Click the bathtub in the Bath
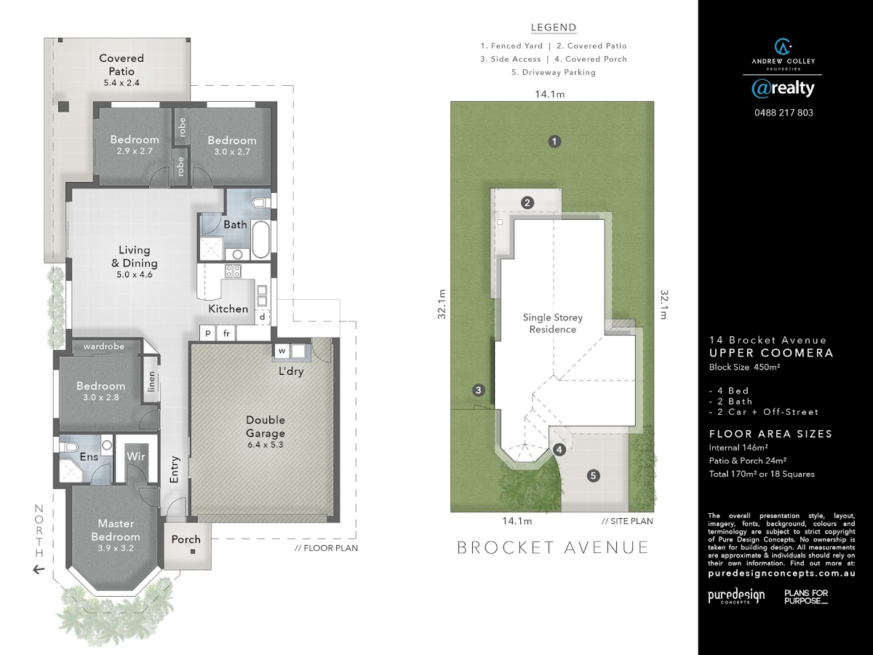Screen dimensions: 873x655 (x=261, y=240)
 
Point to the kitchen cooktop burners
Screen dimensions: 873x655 (x=233, y=271)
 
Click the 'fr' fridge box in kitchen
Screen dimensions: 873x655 (x=226, y=333)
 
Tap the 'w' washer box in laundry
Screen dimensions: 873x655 (x=282, y=351)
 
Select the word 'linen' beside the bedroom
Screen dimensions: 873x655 (x=151, y=381)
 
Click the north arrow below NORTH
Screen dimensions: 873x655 (x=38, y=570)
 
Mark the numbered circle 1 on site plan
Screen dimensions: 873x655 (x=554, y=141)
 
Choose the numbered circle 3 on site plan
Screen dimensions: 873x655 (x=479, y=390)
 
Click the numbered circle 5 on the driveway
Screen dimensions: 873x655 (x=594, y=476)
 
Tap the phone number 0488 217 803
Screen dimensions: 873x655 (x=784, y=113)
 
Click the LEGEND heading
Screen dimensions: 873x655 (x=554, y=28)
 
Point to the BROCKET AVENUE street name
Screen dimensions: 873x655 (x=553, y=547)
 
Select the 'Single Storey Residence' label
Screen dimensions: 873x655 (x=553, y=323)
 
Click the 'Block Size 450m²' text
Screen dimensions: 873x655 (x=744, y=367)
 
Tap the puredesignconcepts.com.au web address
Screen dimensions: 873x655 (x=781, y=573)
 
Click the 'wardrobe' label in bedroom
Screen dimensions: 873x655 (x=104, y=346)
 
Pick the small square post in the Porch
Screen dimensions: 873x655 (x=193, y=552)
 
